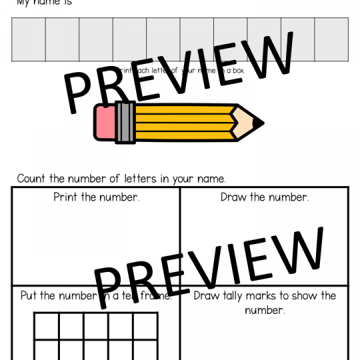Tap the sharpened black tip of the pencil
258,123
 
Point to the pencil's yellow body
180,123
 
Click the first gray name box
29,39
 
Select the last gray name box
331,39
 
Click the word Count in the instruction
31,179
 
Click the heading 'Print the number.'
97,197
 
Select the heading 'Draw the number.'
265,197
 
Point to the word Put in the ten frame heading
29,296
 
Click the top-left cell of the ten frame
47,327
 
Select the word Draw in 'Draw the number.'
233,197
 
